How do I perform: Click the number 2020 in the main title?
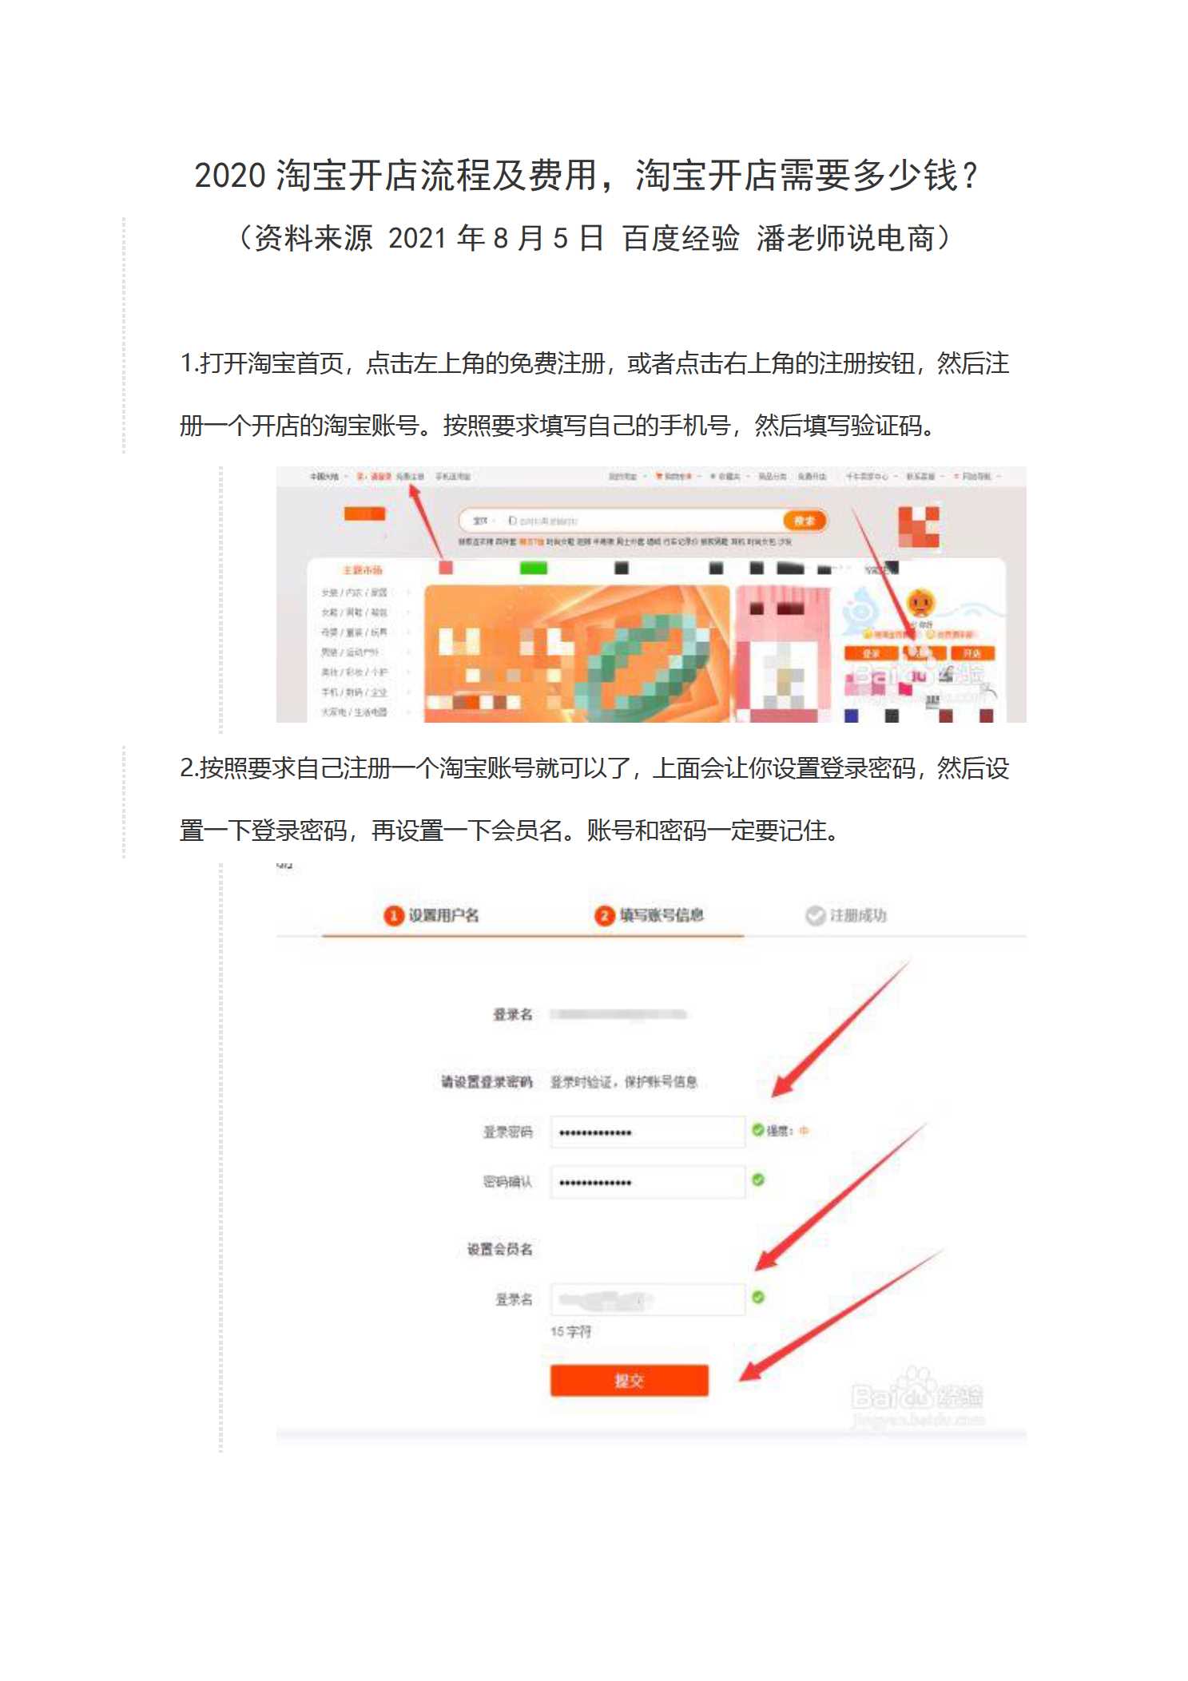pos(229,176)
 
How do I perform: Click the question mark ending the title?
pos(970,176)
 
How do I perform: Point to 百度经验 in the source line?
pos(681,239)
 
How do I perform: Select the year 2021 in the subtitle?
pos(417,239)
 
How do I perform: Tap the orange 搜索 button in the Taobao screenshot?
pos(805,521)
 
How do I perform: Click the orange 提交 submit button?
pos(629,1380)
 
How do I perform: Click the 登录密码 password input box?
pos(647,1132)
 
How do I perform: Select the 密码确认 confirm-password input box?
pos(647,1181)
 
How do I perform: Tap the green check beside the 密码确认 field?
pos(758,1179)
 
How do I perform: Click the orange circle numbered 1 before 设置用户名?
pos(392,915)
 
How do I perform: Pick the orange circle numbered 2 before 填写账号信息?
pos(604,915)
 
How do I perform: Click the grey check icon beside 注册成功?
pos(815,915)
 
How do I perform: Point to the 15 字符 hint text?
pos(570,1331)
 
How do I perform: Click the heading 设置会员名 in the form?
pos(499,1249)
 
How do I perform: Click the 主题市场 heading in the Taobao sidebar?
pos(362,570)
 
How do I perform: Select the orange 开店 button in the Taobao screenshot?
pos(971,653)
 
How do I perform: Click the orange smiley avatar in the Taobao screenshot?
pos(920,601)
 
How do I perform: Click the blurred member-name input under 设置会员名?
pos(647,1299)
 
